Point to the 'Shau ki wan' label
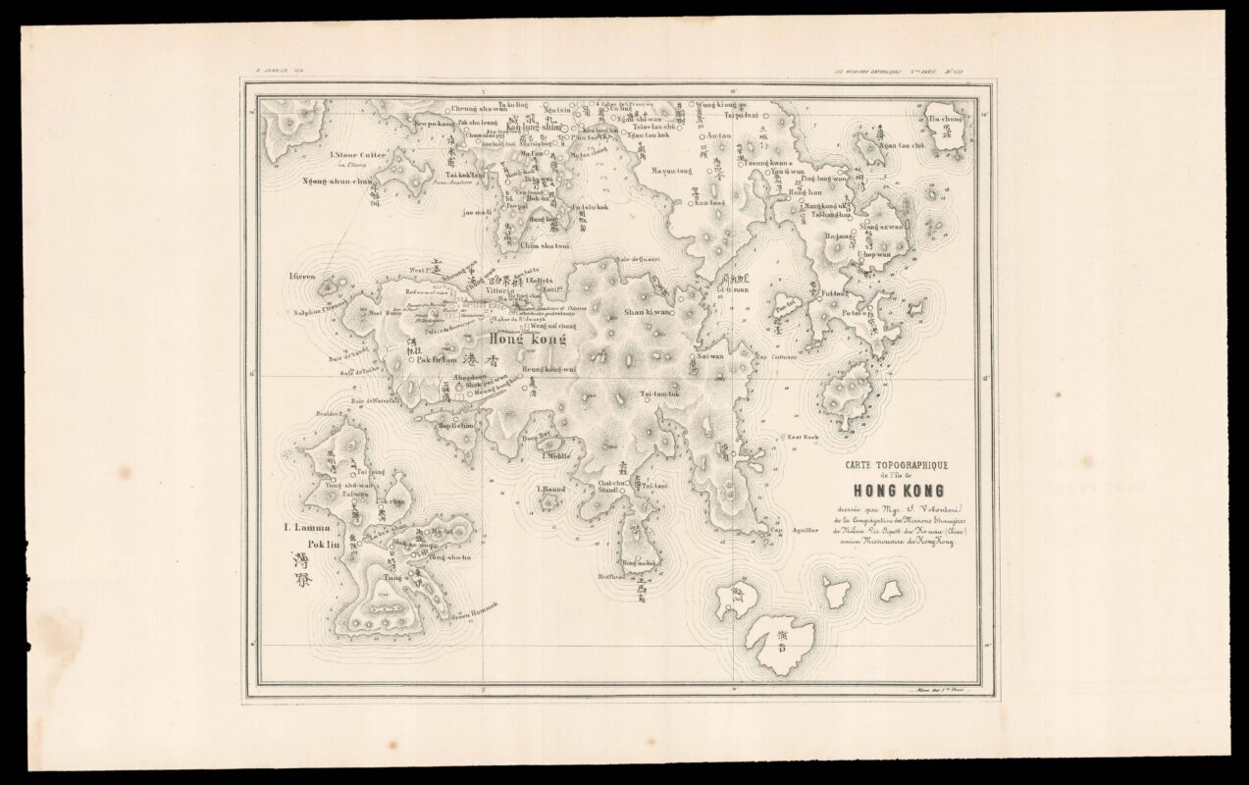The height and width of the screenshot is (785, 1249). pyautogui.click(x=648, y=312)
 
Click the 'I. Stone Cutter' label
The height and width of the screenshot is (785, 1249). pyautogui.click(x=359, y=155)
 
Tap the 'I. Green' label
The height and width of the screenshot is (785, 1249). pyautogui.click(x=301, y=277)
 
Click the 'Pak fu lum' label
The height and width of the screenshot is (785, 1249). pyautogui.click(x=437, y=359)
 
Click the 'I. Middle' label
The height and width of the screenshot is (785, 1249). pyautogui.click(x=553, y=455)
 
